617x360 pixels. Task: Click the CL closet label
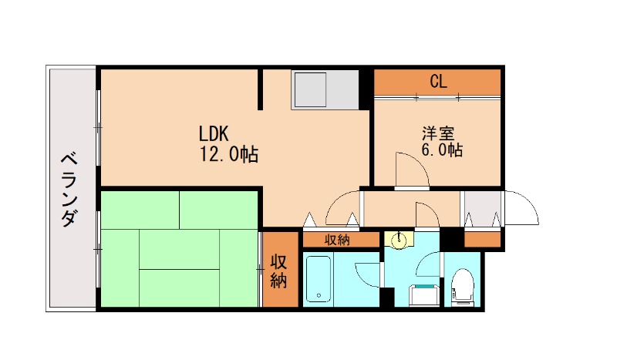pyautogui.click(x=438, y=81)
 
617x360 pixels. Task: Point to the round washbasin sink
pyautogui.click(x=400, y=241)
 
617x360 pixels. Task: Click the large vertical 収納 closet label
pyautogui.click(x=278, y=270)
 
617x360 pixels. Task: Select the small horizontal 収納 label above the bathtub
pyautogui.click(x=338, y=240)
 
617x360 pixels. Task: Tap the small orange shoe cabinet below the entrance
pyautogui.click(x=482, y=239)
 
